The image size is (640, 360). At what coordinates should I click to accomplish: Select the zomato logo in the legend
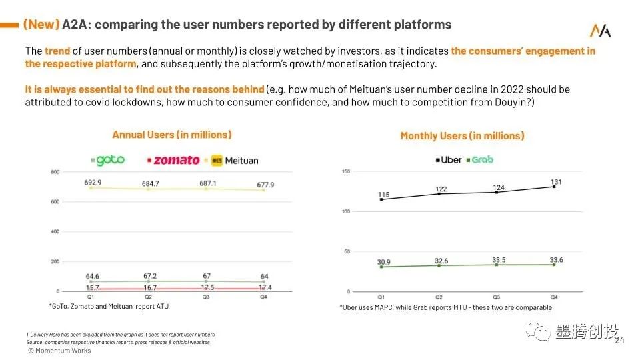tap(173, 160)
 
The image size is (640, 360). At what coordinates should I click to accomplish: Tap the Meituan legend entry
tap(235, 160)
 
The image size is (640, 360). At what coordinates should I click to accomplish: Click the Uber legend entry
tap(449, 160)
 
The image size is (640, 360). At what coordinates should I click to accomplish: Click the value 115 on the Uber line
tap(383, 195)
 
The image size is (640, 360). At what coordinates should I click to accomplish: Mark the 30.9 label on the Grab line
tap(383, 262)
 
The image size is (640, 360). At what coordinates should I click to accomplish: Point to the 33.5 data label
tap(497, 260)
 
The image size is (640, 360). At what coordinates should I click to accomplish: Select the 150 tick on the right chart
tap(345, 172)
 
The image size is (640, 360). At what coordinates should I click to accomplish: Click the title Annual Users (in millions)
tap(172, 135)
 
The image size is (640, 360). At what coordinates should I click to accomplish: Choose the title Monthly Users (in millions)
tap(462, 136)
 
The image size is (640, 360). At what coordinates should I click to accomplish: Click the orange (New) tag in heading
tap(41, 25)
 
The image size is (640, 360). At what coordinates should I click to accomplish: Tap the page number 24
tap(619, 341)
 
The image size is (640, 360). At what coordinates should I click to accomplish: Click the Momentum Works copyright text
tap(59, 351)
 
